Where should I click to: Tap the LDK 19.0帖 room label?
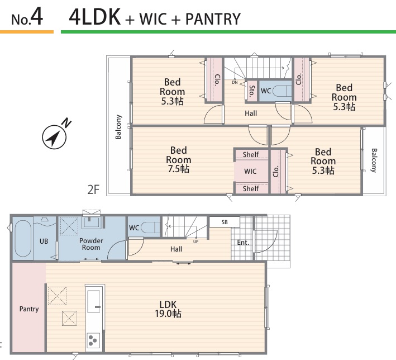pyautogui.click(x=168, y=309)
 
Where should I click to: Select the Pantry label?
pyautogui.click(x=29, y=309)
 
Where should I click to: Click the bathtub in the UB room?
pyautogui.click(x=23, y=238)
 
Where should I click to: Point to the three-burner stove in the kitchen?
pyautogui.click(x=93, y=340)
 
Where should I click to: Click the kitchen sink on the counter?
pyautogui.click(x=94, y=301)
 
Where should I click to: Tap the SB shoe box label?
pyautogui.click(x=225, y=222)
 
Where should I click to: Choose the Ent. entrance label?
pyautogui.click(x=243, y=243)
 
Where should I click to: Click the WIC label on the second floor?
pyautogui.click(x=250, y=172)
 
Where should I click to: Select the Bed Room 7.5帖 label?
pyautogui.click(x=179, y=159)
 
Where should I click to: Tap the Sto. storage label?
pyautogui.click(x=252, y=91)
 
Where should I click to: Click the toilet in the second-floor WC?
pyautogui.click(x=282, y=91)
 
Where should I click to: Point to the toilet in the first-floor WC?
pyautogui.click(x=150, y=228)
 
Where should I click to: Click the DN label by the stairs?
pyautogui.click(x=235, y=82)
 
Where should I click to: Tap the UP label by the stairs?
pyautogui.click(x=195, y=241)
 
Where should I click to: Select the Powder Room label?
pyautogui.click(x=91, y=244)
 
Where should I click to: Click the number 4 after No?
pyautogui.click(x=37, y=16)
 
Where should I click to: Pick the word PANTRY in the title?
pyautogui.click(x=213, y=19)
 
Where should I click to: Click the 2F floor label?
pyautogui.click(x=93, y=190)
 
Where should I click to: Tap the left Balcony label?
pyautogui.click(x=118, y=127)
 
